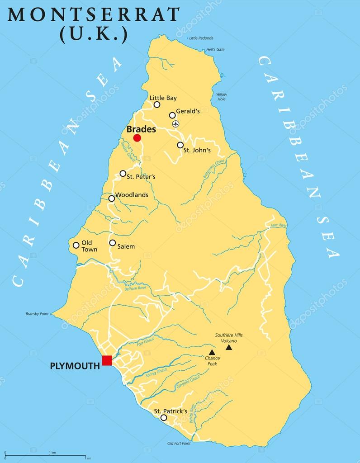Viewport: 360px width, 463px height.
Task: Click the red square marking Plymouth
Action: pyautogui.click(x=107, y=360)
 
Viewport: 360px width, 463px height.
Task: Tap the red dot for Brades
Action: pyautogui.click(x=137, y=138)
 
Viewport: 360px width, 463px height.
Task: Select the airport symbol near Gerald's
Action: pyautogui.click(x=176, y=124)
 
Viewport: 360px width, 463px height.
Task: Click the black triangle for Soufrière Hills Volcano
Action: pyautogui.click(x=229, y=347)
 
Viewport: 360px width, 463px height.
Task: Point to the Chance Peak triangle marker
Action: pyautogui.click(x=212, y=352)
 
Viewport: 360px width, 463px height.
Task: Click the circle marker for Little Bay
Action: pyautogui.click(x=157, y=104)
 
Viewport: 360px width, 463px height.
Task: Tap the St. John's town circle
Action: pyautogui.click(x=180, y=145)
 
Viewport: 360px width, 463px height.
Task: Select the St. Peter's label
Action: pyautogui.click(x=141, y=177)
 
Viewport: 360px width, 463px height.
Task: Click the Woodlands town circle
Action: pyautogui.click(x=112, y=198)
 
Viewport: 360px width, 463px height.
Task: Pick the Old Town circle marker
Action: pyautogui.click(x=76, y=245)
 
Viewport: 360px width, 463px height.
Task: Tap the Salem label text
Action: pyautogui.click(x=126, y=246)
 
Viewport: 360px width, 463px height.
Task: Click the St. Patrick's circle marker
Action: pyautogui.click(x=164, y=418)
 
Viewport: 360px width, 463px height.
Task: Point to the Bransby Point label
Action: pyautogui.click(x=36, y=314)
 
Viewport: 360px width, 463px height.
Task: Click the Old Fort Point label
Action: pyautogui.click(x=179, y=444)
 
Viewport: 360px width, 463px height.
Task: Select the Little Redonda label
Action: pyautogui.click(x=201, y=38)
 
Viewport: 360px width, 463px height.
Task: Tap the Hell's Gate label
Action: pyautogui.click(x=215, y=49)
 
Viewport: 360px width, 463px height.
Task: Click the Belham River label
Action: pyautogui.click(x=135, y=288)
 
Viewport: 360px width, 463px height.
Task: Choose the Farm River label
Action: pyautogui.click(x=279, y=225)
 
